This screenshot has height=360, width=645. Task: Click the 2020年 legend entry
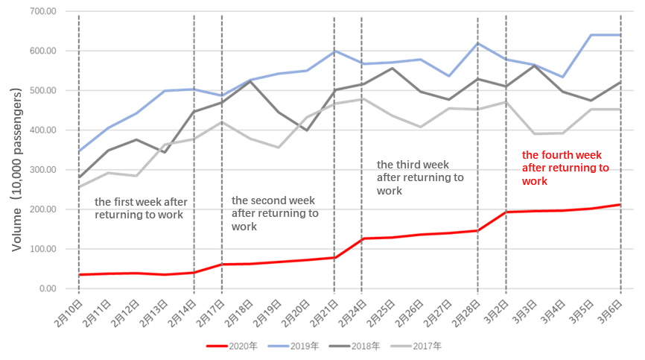pyautogui.click(x=236, y=347)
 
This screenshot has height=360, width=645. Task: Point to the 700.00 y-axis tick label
pyautogui.click(x=45, y=12)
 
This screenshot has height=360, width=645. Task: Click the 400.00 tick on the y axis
pyautogui.click(x=45, y=130)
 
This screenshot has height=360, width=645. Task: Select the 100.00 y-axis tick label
pyautogui.click(x=45, y=249)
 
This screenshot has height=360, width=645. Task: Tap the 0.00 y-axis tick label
pyautogui.click(x=49, y=288)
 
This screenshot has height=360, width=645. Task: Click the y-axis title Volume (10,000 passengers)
pyautogui.click(x=15, y=157)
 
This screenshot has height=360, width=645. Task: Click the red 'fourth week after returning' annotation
pyautogui.click(x=565, y=168)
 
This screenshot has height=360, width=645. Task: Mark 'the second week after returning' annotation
pyautogui.click(x=278, y=212)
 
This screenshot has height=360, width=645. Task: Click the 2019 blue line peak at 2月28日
pyautogui.click(x=477, y=43)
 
